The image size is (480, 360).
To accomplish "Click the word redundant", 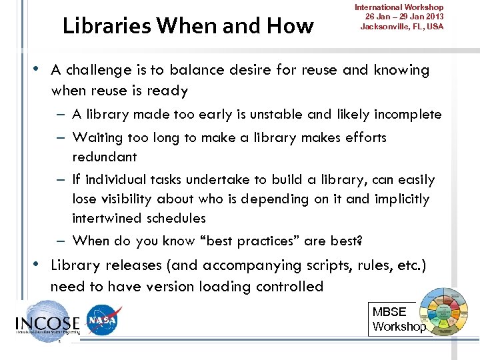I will coord(105,157).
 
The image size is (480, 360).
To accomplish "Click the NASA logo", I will coord(104,319).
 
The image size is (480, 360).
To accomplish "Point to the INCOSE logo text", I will coord(47,324).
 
